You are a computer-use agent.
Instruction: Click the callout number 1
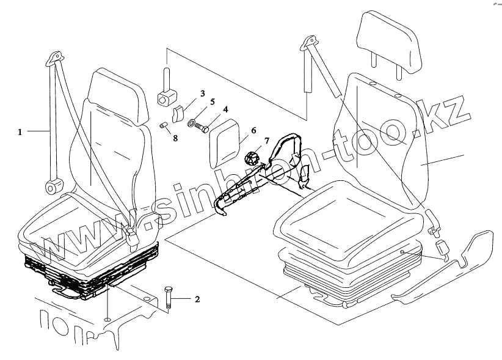(20, 131)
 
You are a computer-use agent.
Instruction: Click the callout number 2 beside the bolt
(197, 299)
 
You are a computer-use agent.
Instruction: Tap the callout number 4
(225, 110)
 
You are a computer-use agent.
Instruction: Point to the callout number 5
(213, 101)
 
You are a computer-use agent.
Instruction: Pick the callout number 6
(253, 130)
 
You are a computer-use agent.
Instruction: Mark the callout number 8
(175, 138)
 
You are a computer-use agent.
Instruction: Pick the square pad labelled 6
(225, 142)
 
